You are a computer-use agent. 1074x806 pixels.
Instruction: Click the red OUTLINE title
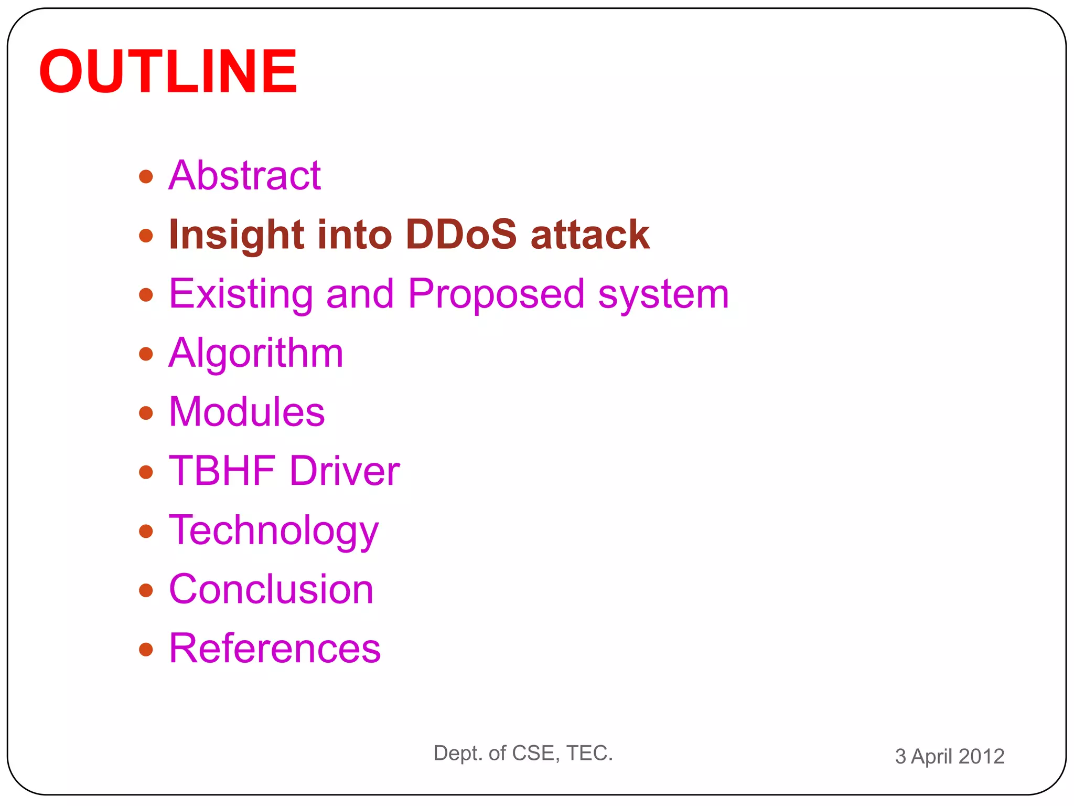point(168,72)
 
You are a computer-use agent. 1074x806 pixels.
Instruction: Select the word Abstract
point(244,176)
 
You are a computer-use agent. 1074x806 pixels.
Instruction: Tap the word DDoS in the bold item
point(461,235)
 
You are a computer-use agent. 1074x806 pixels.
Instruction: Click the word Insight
point(236,235)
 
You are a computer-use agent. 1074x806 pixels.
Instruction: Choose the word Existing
point(241,294)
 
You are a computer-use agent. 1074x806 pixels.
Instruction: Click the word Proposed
point(496,294)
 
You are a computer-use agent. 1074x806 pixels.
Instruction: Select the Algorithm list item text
point(256,354)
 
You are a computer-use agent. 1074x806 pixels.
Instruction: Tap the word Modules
point(246,412)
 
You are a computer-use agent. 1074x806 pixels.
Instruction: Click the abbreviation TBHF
point(222,471)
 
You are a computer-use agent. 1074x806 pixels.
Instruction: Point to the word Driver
point(345,471)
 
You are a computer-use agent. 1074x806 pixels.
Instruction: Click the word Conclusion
point(271,590)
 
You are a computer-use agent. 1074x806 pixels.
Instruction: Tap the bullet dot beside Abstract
point(146,177)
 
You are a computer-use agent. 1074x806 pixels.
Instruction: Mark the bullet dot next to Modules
point(146,413)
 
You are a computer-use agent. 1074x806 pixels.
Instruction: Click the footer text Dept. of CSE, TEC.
point(523,754)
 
